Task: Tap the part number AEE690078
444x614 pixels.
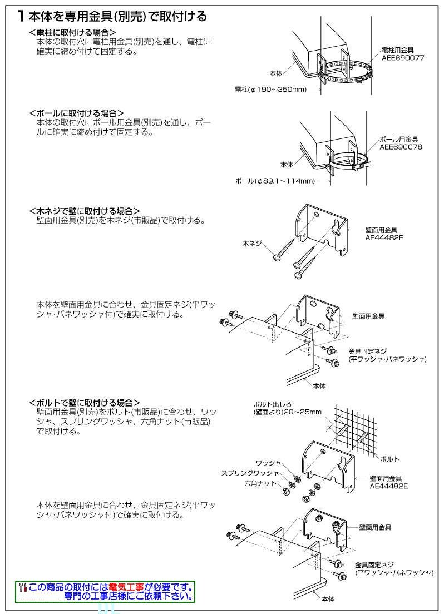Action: (401, 147)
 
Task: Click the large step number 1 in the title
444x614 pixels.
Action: (20, 17)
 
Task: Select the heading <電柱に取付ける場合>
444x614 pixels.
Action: (72, 33)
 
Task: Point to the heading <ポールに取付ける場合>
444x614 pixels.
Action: (76, 113)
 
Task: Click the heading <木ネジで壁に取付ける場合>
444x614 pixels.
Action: (83, 211)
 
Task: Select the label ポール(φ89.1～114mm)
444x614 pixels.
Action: (275, 181)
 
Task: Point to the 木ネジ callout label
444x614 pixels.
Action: (251, 244)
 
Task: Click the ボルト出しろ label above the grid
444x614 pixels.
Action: (272, 404)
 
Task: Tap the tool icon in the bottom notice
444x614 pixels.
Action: (23, 588)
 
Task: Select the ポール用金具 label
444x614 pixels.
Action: (398, 140)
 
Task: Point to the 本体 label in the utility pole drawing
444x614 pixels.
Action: (275, 73)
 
